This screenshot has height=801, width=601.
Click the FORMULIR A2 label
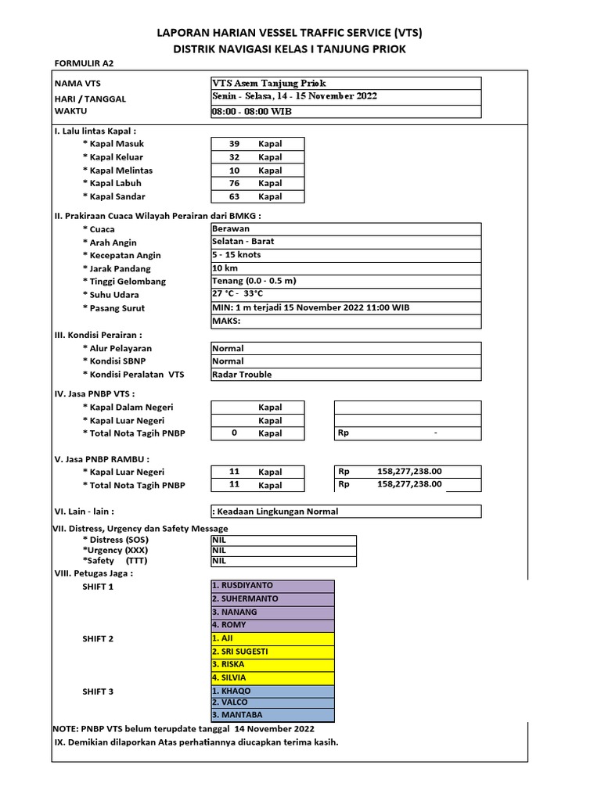88,63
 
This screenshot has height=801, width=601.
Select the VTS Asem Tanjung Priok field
269,84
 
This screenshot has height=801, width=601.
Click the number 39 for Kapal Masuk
234,144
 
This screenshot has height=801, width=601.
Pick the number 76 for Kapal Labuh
234,183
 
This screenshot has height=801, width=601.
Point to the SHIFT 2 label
98,639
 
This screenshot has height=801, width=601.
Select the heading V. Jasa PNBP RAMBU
101,458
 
